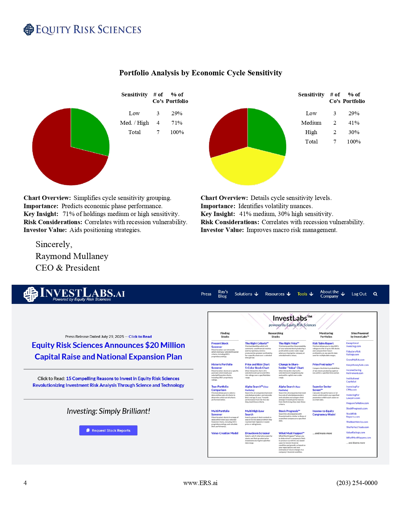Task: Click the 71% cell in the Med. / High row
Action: tap(177, 123)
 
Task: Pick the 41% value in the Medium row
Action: tap(354, 123)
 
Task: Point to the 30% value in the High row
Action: tap(354, 132)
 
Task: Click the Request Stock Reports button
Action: tap(108, 430)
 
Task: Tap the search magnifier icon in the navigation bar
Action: tap(375, 294)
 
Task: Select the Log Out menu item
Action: tap(359, 294)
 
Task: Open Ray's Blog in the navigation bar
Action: tap(223, 294)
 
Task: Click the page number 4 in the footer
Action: tap(25, 483)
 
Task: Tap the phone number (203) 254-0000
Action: tap(357, 483)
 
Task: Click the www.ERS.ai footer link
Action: tap(200, 483)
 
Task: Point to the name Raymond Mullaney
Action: tap(72, 256)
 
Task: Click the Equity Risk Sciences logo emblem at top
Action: tap(29, 30)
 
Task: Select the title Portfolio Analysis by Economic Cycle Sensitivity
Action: tap(201, 73)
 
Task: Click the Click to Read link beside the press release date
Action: tap(140, 337)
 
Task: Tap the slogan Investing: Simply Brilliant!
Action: tap(108, 411)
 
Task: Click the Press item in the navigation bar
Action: tap(206, 294)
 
